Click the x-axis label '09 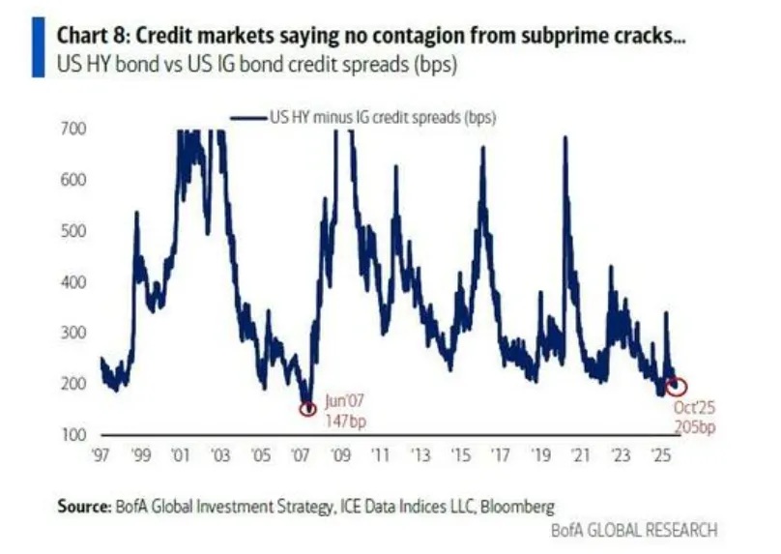click(339, 454)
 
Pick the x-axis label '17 click(500, 454)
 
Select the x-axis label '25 click(661, 454)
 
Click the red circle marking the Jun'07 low click(308, 409)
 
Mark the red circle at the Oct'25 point click(678, 387)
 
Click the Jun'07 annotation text click(346, 400)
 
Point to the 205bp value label click(694, 427)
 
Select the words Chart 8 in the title click(89, 37)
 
